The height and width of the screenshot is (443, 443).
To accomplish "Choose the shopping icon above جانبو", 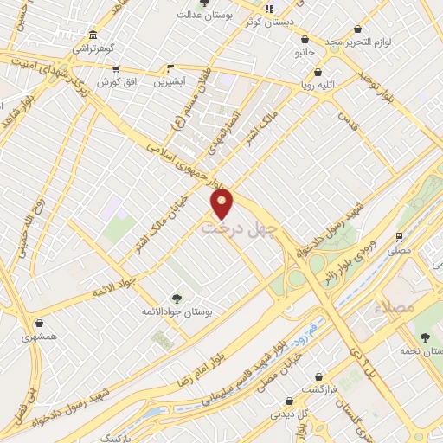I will [305, 38].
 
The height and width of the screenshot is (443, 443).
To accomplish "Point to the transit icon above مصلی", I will [399, 235].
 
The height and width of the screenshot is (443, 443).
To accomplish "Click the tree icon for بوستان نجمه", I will [423, 337].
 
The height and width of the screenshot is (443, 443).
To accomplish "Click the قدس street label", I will [348, 120].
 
